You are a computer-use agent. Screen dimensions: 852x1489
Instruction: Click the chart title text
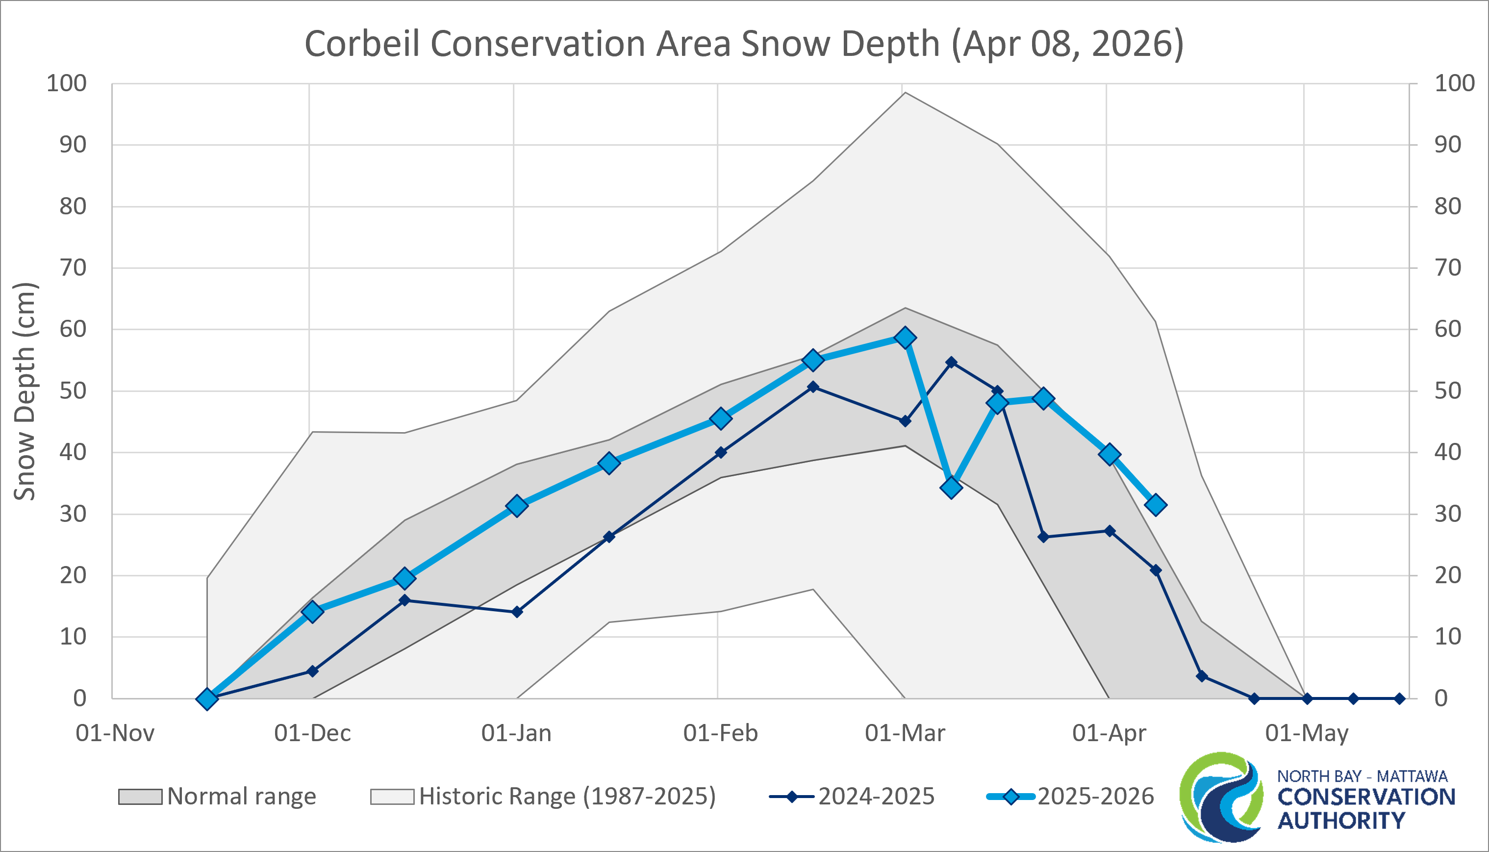[744, 44]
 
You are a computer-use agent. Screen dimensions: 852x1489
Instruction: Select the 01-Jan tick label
[516, 733]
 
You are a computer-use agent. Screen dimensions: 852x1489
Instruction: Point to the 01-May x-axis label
[1307, 733]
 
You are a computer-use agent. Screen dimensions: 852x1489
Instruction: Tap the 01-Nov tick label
[115, 733]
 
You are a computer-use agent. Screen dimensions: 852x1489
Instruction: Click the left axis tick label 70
[73, 268]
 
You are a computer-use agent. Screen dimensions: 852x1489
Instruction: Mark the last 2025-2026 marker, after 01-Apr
[1156, 504]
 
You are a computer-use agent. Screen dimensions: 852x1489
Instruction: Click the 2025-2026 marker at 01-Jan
[517, 506]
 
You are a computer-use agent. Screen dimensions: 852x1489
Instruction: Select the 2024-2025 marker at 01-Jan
[517, 612]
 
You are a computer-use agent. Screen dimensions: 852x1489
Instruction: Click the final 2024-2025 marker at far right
[1399, 698]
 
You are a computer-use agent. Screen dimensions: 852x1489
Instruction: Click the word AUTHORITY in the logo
[1340, 821]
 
